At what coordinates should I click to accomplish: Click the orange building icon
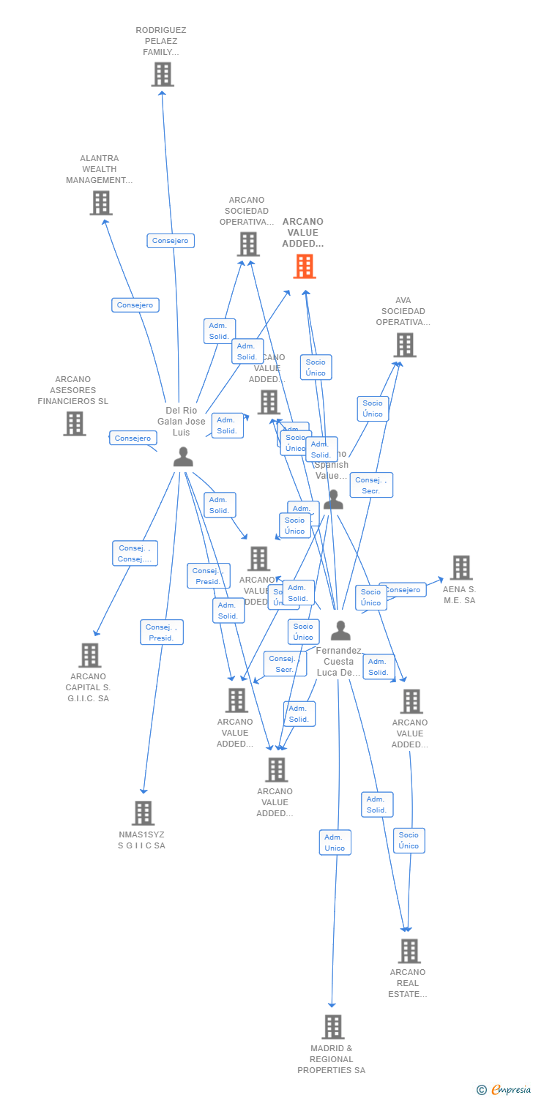[x=305, y=266]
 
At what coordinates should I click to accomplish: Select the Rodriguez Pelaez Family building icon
[x=163, y=74]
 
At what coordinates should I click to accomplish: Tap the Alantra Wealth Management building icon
[x=101, y=203]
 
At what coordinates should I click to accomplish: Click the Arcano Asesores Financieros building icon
[x=74, y=423]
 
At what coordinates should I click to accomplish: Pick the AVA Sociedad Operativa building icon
[x=404, y=345]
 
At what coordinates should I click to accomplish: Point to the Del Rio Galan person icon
[x=183, y=457]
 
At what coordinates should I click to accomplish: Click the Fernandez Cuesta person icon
[x=340, y=630]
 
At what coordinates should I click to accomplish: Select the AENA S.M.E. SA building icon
[x=461, y=567]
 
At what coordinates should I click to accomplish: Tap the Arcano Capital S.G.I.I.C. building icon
[x=89, y=655]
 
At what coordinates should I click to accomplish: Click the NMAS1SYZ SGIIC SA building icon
[x=143, y=813]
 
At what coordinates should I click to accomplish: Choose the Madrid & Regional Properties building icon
[x=332, y=1027]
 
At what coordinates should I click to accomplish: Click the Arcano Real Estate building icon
[x=409, y=951]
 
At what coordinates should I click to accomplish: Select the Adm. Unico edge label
[x=335, y=843]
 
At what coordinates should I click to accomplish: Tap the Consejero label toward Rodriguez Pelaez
[x=171, y=240]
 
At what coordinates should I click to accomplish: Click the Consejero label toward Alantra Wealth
[x=135, y=305]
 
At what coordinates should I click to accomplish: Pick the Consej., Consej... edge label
[x=135, y=553]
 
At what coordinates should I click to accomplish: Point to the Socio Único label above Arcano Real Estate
[x=409, y=840]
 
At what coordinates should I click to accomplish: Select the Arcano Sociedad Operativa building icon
[x=248, y=244]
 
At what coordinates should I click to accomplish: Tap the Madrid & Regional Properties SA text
[x=331, y=1059]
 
